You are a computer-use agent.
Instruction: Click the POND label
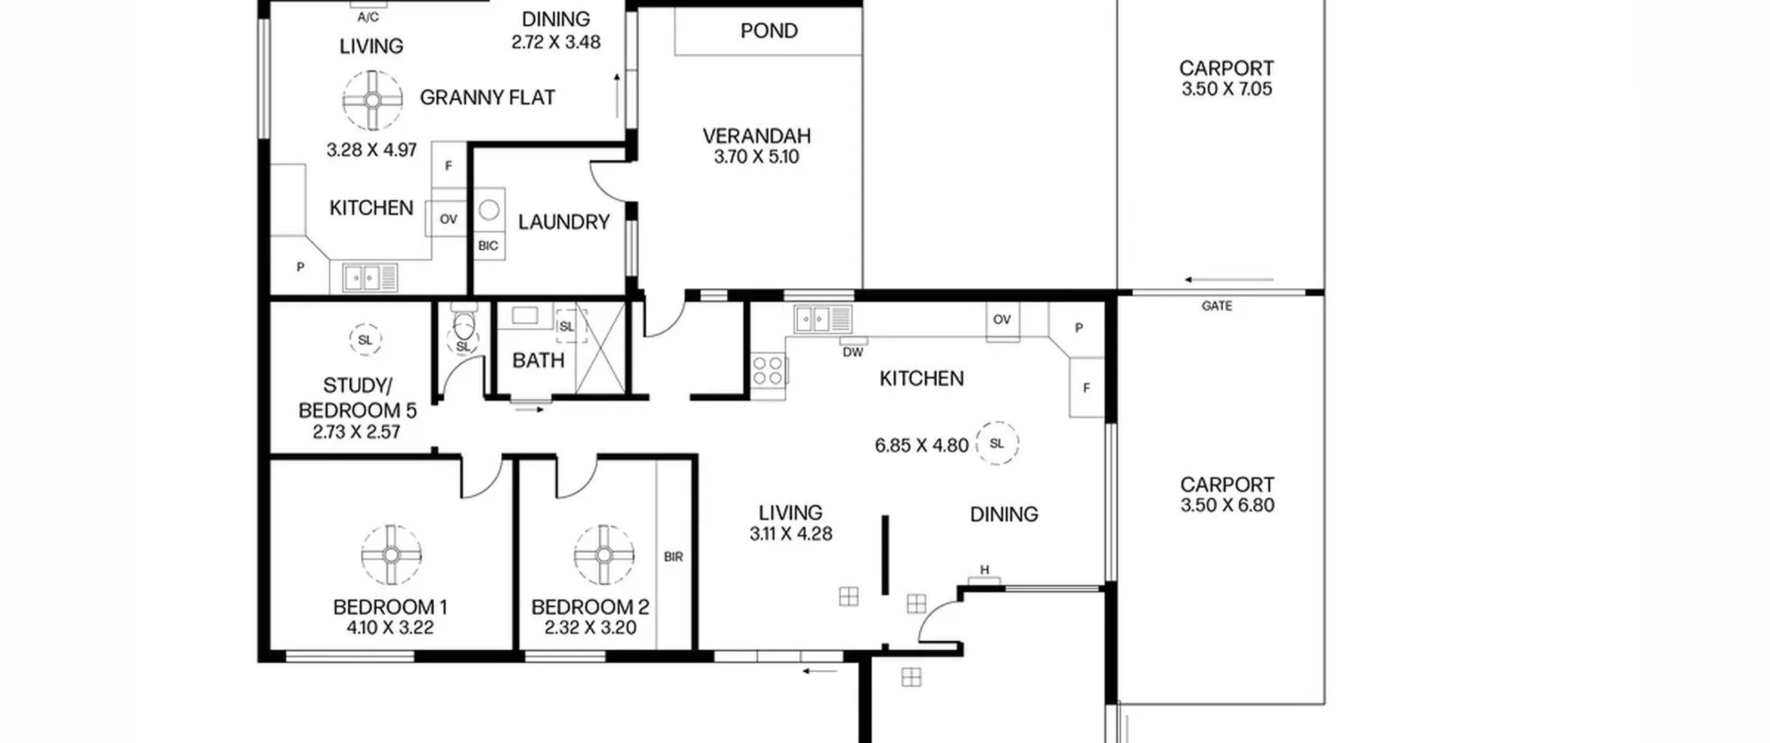pyautogui.click(x=769, y=31)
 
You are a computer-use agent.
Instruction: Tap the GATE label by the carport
pyautogui.click(x=1217, y=305)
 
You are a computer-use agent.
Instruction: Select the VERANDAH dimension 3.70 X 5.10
pyautogui.click(x=756, y=157)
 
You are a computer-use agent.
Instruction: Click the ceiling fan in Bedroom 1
pyautogui.click(x=391, y=555)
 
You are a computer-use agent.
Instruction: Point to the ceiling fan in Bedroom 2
pyautogui.click(x=604, y=555)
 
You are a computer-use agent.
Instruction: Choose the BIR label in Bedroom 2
pyautogui.click(x=673, y=556)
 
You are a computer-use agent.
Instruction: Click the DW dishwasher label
pyautogui.click(x=853, y=352)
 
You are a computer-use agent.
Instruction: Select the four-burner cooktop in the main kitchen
pyautogui.click(x=768, y=370)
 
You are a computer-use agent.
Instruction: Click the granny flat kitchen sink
pyautogui.click(x=370, y=278)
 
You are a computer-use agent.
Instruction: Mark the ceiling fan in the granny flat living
pyautogui.click(x=373, y=100)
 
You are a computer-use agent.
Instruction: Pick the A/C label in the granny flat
pyautogui.click(x=368, y=17)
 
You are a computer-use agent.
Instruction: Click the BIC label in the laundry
pyautogui.click(x=488, y=245)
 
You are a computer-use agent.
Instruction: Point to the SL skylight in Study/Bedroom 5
pyautogui.click(x=365, y=340)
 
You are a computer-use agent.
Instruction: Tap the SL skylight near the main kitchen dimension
pyautogui.click(x=996, y=443)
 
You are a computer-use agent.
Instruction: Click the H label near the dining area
pyautogui.click(x=985, y=570)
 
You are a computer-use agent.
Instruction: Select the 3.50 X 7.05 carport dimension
pyautogui.click(x=1227, y=89)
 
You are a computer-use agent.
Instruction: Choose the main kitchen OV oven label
pyautogui.click(x=1002, y=319)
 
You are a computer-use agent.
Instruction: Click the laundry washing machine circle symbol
pyautogui.click(x=489, y=209)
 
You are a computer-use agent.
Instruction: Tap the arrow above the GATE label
pyautogui.click(x=1229, y=280)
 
